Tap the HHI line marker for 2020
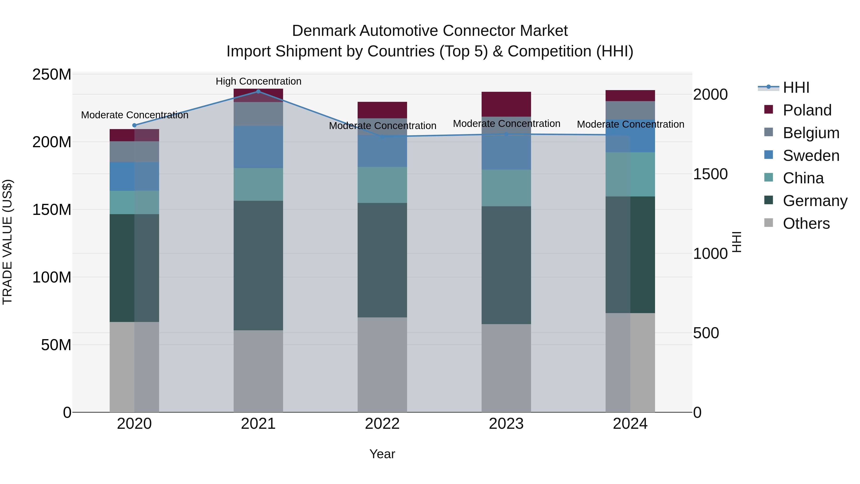134,125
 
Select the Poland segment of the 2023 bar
506,104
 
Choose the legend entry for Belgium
811,133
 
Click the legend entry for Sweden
811,155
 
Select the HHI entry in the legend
796,87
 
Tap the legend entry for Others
806,223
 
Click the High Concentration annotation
258,81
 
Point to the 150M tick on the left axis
52,210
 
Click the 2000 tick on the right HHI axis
710,94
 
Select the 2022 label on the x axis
382,424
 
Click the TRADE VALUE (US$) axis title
7,242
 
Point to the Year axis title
382,454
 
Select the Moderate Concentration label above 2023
506,124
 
